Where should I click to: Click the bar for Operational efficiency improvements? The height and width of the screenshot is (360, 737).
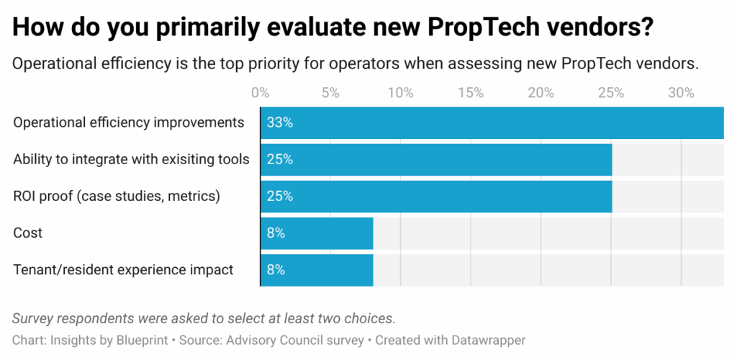492,122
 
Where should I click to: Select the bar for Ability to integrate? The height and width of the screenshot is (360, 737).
436,159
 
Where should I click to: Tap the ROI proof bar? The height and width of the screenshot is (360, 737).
436,196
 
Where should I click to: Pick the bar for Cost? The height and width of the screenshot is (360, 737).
317,233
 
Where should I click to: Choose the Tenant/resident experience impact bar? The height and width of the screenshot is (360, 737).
317,270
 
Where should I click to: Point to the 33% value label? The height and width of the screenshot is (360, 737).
279,122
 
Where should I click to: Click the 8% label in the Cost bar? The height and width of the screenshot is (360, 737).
276,233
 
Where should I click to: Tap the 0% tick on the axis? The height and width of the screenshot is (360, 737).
260,93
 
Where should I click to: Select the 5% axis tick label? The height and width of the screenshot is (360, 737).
330,93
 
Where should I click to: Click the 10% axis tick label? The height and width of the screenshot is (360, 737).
400,93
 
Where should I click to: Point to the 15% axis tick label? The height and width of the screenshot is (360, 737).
470,93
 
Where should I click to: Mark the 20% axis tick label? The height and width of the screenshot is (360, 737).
541,93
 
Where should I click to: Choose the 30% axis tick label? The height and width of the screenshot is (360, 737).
681,93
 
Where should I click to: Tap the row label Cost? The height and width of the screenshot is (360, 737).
28,233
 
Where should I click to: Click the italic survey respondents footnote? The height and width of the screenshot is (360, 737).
204,318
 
